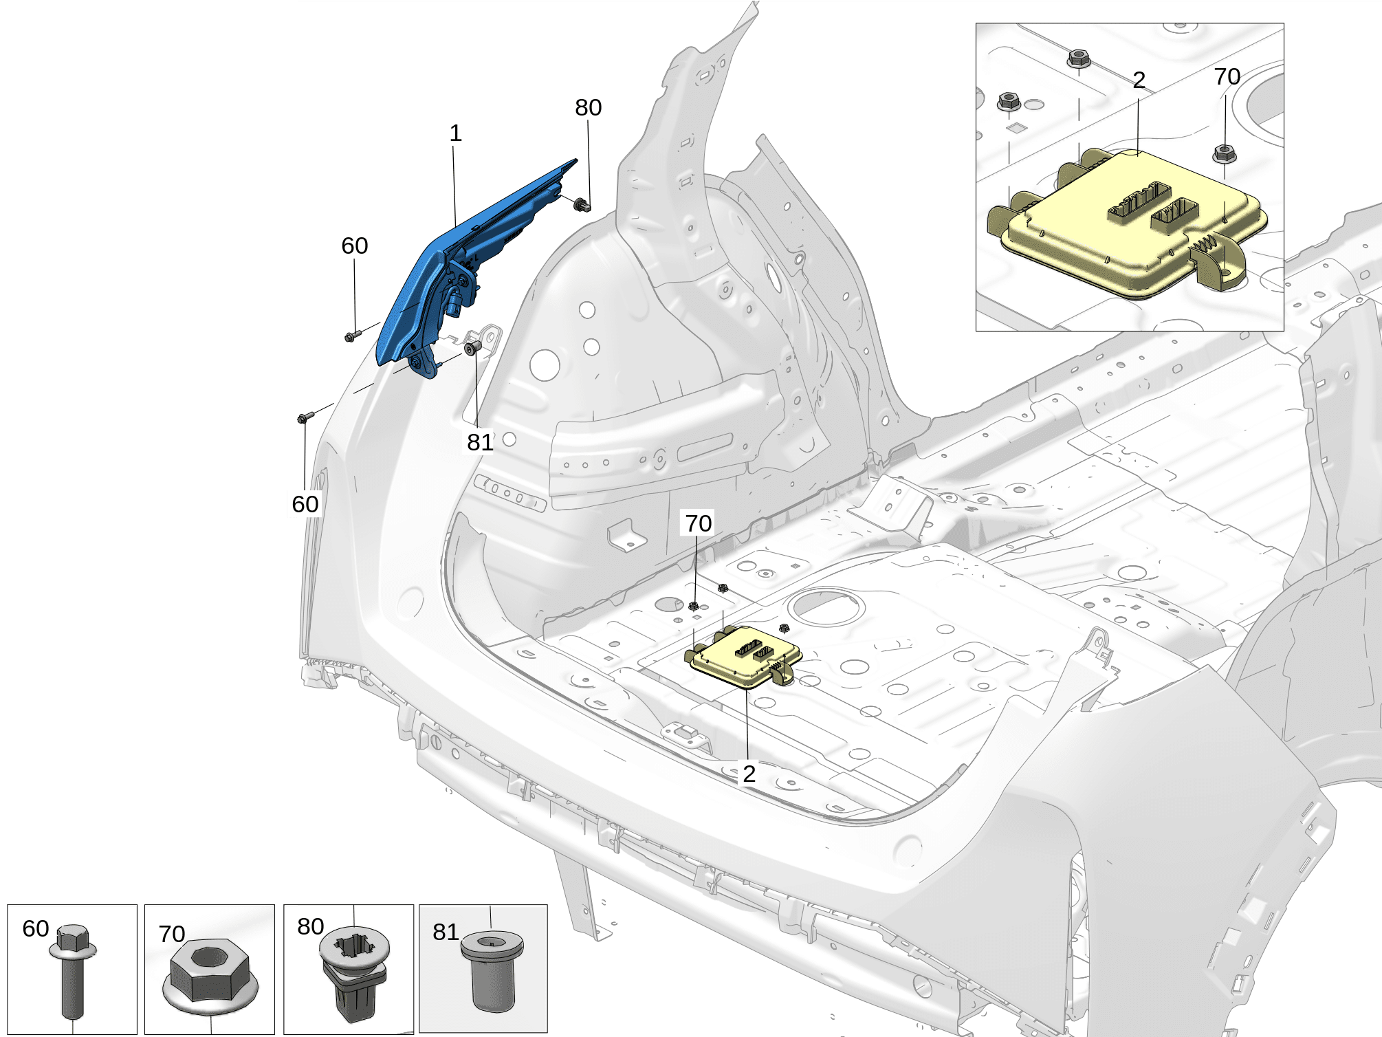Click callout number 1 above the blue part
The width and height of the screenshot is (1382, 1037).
tap(455, 133)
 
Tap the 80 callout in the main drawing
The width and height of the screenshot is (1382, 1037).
tap(588, 107)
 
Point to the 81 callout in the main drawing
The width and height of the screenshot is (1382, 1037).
tap(480, 442)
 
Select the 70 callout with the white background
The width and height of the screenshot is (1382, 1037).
tap(698, 523)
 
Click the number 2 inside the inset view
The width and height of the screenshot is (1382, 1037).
tap(1139, 80)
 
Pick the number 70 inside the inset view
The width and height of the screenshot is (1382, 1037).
tap(1227, 76)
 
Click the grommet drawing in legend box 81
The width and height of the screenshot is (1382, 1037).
tap(491, 970)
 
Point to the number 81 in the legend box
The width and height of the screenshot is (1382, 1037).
tap(446, 932)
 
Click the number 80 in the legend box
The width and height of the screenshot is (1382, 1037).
tap(310, 926)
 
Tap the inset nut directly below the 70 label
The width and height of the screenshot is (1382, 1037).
tap(1224, 153)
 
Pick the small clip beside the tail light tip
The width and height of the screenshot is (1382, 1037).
tap(582, 204)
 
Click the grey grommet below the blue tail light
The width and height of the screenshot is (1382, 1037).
tap(472, 347)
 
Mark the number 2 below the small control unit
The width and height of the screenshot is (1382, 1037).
tap(749, 774)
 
